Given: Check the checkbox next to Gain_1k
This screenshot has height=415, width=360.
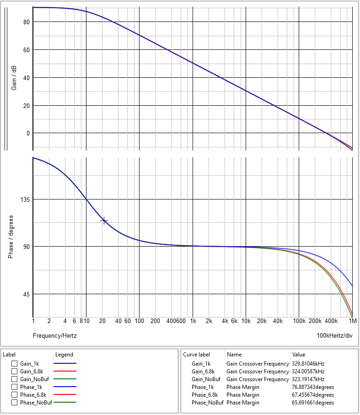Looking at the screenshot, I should (15, 364).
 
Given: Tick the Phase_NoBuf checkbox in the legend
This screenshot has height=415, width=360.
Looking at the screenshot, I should (15, 403).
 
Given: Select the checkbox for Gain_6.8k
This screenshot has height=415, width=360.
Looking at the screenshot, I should (15, 372).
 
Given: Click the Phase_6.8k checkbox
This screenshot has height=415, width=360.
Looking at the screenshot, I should (15, 395).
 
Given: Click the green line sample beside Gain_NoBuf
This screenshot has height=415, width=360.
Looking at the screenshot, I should (64, 379).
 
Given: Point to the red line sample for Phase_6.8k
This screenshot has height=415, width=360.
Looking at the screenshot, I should (64, 395).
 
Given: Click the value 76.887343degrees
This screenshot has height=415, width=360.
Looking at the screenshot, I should (312, 387).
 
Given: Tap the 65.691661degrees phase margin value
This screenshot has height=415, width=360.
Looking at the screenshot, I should (312, 403).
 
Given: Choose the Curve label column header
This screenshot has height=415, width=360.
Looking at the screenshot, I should (196, 355).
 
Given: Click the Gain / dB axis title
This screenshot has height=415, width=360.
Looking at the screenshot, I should (14, 77).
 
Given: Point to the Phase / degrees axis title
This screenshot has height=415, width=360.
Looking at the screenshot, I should (11, 237).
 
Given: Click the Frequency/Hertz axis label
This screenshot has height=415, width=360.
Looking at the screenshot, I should (54, 336).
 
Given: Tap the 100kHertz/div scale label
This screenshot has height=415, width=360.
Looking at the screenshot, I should (335, 336).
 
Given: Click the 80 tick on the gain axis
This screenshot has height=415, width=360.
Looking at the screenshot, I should (26, 22).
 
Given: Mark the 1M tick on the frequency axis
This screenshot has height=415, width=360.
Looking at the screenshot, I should (352, 321).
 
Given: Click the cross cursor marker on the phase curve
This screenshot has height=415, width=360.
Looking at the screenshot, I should (104, 221).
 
